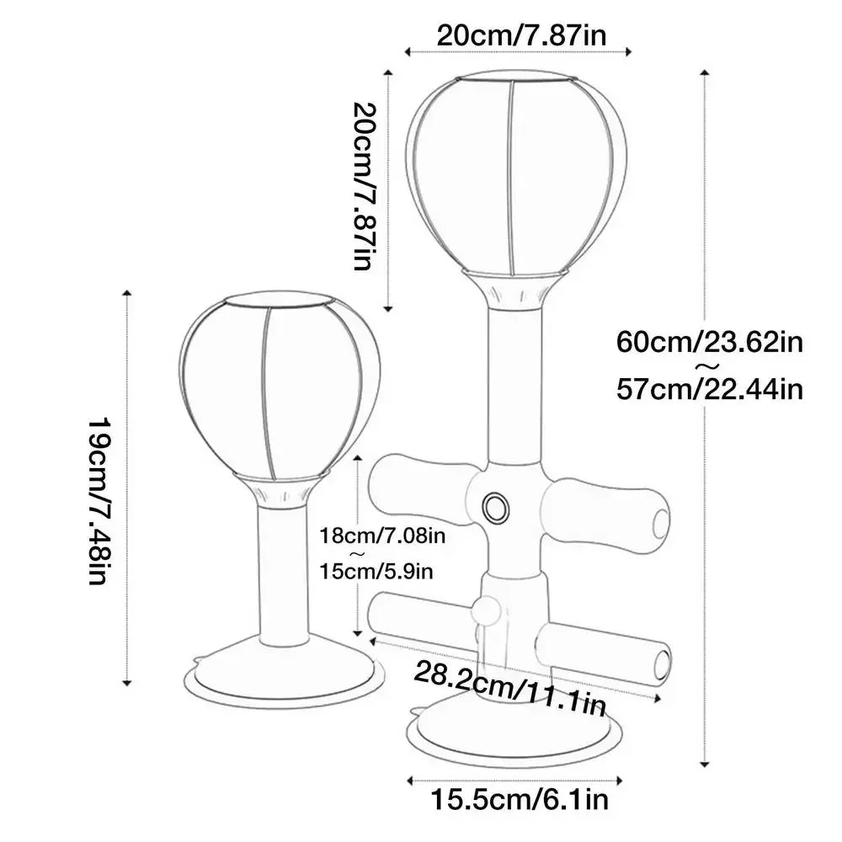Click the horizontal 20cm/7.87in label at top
[x=521, y=36]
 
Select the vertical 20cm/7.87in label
[x=365, y=186]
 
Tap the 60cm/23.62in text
[x=709, y=342]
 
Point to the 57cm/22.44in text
[x=709, y=389]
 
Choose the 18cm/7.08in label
[x=382, y=535]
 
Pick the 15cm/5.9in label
[x=376, y=571]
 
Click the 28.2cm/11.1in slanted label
[x=509, y=690]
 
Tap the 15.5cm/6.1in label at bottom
[x=520, y=800]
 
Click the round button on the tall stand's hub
[x=495, y=507]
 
